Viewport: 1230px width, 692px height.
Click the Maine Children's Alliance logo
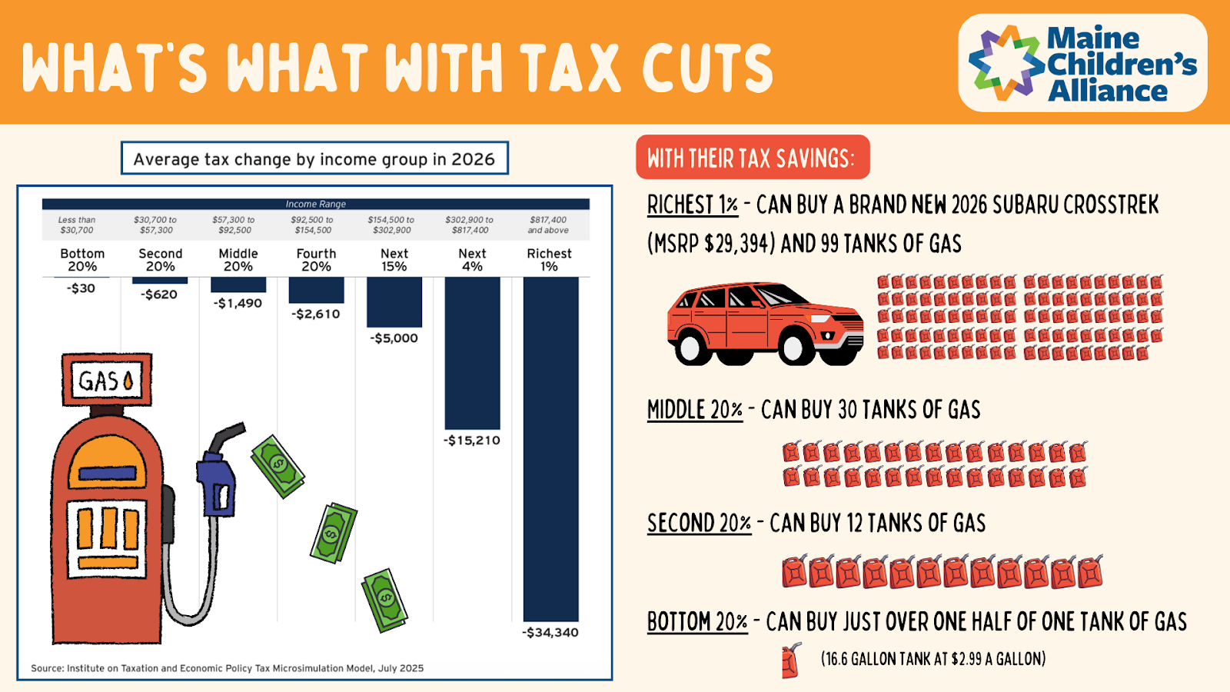pyautogui.click(x=1082, y=63)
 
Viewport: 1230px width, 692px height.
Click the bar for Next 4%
pyautogui.click(x=472, y=353)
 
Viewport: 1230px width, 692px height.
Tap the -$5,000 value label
pyautogui.click(x=394, y=338)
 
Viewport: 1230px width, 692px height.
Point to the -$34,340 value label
pyautogui.click(x=550, y=633)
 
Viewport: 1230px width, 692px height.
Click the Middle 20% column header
pyautogui.click(x=238, y=260)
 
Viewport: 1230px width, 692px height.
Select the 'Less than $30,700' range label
pyautogui.click(x=77, y=225)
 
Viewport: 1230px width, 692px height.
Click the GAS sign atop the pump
pyautogui.click(x=107, y=380)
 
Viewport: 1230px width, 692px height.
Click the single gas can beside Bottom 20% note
pyautogui.click(x=790, y=660)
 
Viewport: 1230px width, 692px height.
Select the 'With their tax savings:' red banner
pyautogui.click(x=752, y=158)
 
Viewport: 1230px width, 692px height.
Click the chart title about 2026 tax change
pyautogui.click(x=314, y=158)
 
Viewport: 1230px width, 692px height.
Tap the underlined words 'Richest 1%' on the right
pyautogui.click(x=692, y=205)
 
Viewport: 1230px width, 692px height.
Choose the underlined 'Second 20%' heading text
pyautogui.click(x=699, y=524)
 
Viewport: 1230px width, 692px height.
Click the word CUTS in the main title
pyautogui.click(x=707, y=68)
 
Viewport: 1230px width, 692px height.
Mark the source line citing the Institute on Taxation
pyautogui.click(x=228, y=668)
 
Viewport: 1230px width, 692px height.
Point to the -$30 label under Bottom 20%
pyautogui.click(x=81, y=288)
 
